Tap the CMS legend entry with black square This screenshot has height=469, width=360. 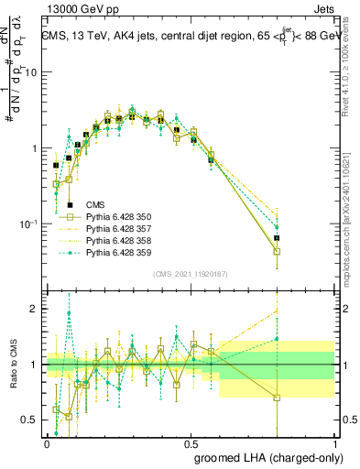95,204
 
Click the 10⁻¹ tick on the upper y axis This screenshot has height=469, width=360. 29,224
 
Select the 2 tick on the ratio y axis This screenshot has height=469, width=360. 35,309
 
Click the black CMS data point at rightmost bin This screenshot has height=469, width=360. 278,238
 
